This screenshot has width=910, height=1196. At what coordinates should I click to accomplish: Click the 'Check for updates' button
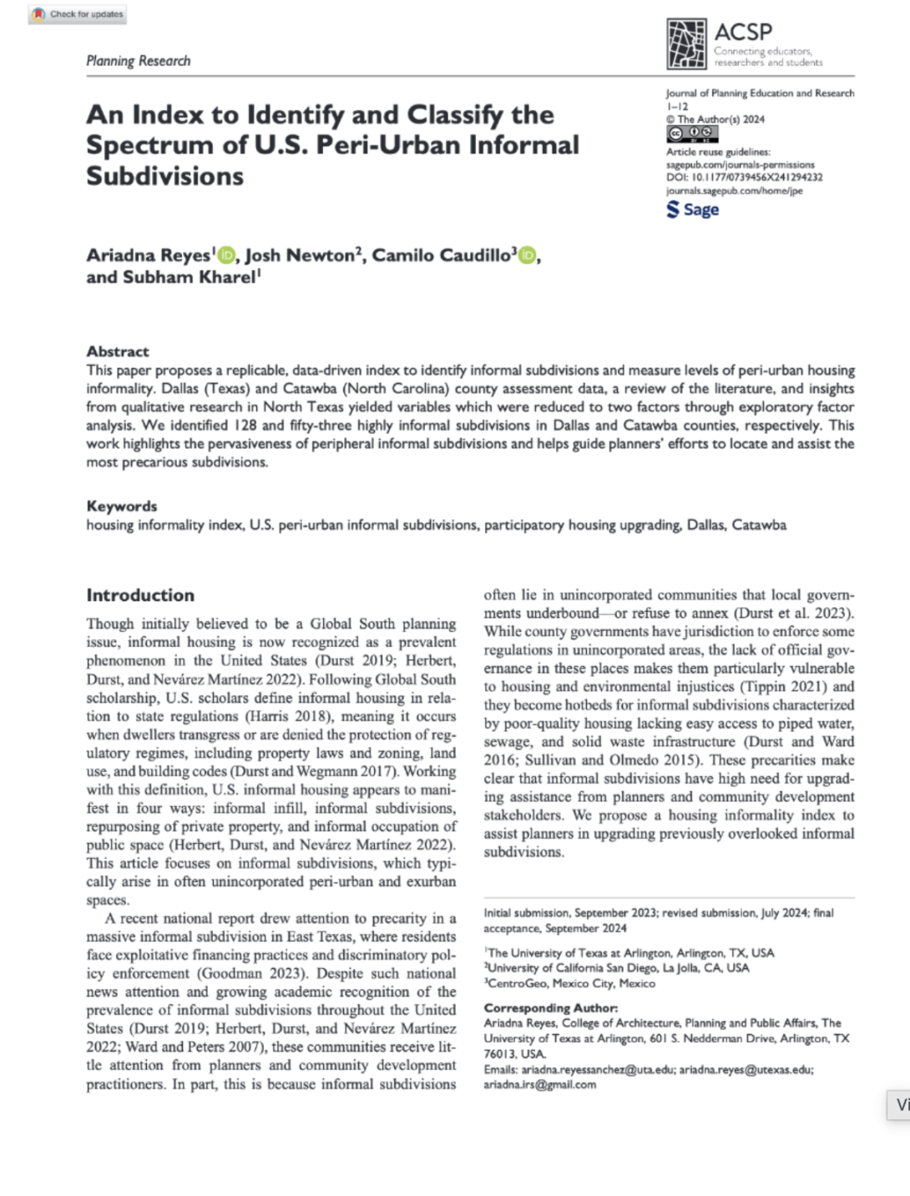78,14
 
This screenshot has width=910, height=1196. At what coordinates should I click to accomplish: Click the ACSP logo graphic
686,43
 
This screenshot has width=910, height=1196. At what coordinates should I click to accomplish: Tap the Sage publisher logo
693,209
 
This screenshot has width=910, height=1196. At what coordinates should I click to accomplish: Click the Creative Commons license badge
691,134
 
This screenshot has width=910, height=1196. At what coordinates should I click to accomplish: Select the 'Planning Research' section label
139,61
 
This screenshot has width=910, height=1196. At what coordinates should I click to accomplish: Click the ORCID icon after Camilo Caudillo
526,255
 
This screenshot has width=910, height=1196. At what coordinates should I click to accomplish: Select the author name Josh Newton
301,255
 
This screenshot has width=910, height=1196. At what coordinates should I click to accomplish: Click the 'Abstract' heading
118,351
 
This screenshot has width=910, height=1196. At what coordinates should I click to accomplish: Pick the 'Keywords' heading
122,506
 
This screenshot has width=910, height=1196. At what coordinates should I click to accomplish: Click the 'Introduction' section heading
140,595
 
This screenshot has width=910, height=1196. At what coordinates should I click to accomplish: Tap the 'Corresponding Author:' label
551,1007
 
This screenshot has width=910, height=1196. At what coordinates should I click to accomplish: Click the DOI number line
745,177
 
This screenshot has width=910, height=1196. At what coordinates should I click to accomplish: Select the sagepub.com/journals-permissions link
740,164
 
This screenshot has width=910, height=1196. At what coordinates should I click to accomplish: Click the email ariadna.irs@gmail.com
540,1084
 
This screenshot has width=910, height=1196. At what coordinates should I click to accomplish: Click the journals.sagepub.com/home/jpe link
734,190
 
